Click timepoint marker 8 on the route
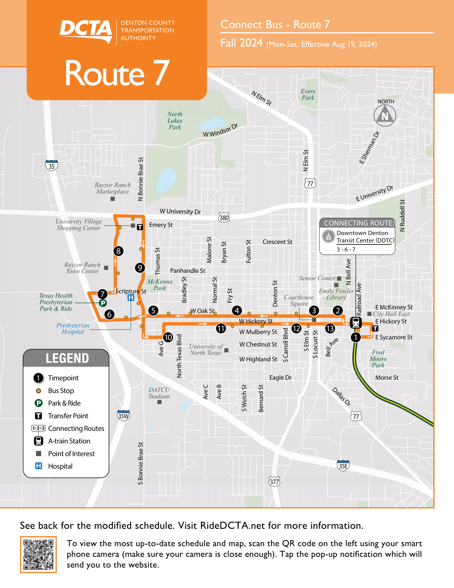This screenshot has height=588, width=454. pos(118,251)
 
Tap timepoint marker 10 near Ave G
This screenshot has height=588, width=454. pos(168,337)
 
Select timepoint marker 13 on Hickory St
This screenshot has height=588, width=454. pos(330,328)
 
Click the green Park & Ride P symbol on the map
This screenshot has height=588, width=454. pos(103,303)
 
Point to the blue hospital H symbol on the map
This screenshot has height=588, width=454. pos(131,297)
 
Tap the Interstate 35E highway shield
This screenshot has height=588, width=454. pos(343,466)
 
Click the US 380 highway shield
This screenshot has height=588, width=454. pos(224,218)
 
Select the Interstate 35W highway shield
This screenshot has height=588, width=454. pos(123,416)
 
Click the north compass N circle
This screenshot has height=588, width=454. pos(385,116)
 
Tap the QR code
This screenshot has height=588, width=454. pos(38,554)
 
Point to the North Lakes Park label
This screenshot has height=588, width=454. pos(175,121)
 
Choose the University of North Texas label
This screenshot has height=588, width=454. pos(206,350)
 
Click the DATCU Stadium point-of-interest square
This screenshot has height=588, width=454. pos(159,402)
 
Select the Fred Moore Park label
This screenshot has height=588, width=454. pos(378,359)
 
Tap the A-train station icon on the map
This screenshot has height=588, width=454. pos(355,322)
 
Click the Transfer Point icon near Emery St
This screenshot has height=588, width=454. pos(140,227)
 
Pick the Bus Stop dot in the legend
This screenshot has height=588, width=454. pos(38,391)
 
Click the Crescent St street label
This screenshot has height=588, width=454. pos(277,242)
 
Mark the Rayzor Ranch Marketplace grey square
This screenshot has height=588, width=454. pos(113,199)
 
